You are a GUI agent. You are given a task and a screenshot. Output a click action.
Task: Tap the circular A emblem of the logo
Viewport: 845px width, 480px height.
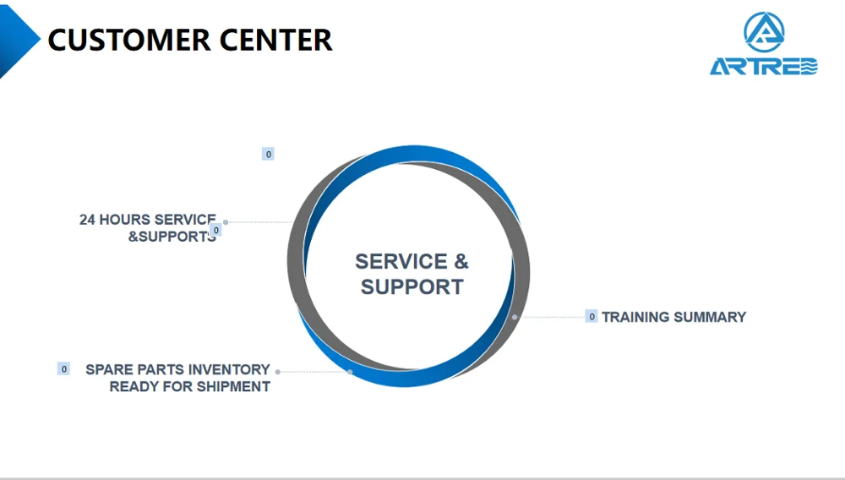click(764, 32)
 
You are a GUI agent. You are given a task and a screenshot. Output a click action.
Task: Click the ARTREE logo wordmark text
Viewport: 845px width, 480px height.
click(764, 66)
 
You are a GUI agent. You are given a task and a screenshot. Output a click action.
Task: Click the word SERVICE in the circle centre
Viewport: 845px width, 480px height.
click(401, 262)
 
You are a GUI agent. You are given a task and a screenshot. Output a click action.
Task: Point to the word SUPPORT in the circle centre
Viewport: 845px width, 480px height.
click(412, 287)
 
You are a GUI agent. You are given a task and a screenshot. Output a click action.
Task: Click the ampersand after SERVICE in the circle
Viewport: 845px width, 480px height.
click(461, 262)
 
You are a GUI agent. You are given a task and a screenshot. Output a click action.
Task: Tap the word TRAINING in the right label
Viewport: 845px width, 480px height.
click(635, 317)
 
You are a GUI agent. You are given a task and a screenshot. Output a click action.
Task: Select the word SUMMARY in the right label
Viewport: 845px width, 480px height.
click(710, 317)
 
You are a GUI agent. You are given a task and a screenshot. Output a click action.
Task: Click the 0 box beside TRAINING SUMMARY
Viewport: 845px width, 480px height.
click(591, 316)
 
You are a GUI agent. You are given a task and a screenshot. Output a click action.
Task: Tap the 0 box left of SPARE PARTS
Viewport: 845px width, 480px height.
click(63, 369)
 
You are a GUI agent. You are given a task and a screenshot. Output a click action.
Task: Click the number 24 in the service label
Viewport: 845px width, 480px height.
click(87, 220)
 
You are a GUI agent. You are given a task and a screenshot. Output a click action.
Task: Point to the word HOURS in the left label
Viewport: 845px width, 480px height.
click(124, 220)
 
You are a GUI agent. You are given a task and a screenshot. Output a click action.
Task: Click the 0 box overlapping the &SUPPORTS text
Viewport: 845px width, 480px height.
click(215, 231)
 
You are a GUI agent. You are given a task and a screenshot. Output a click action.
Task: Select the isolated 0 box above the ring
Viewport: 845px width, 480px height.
click(268, 154)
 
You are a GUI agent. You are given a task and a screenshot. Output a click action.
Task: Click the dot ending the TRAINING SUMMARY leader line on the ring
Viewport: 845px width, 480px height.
click(515, 317)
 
